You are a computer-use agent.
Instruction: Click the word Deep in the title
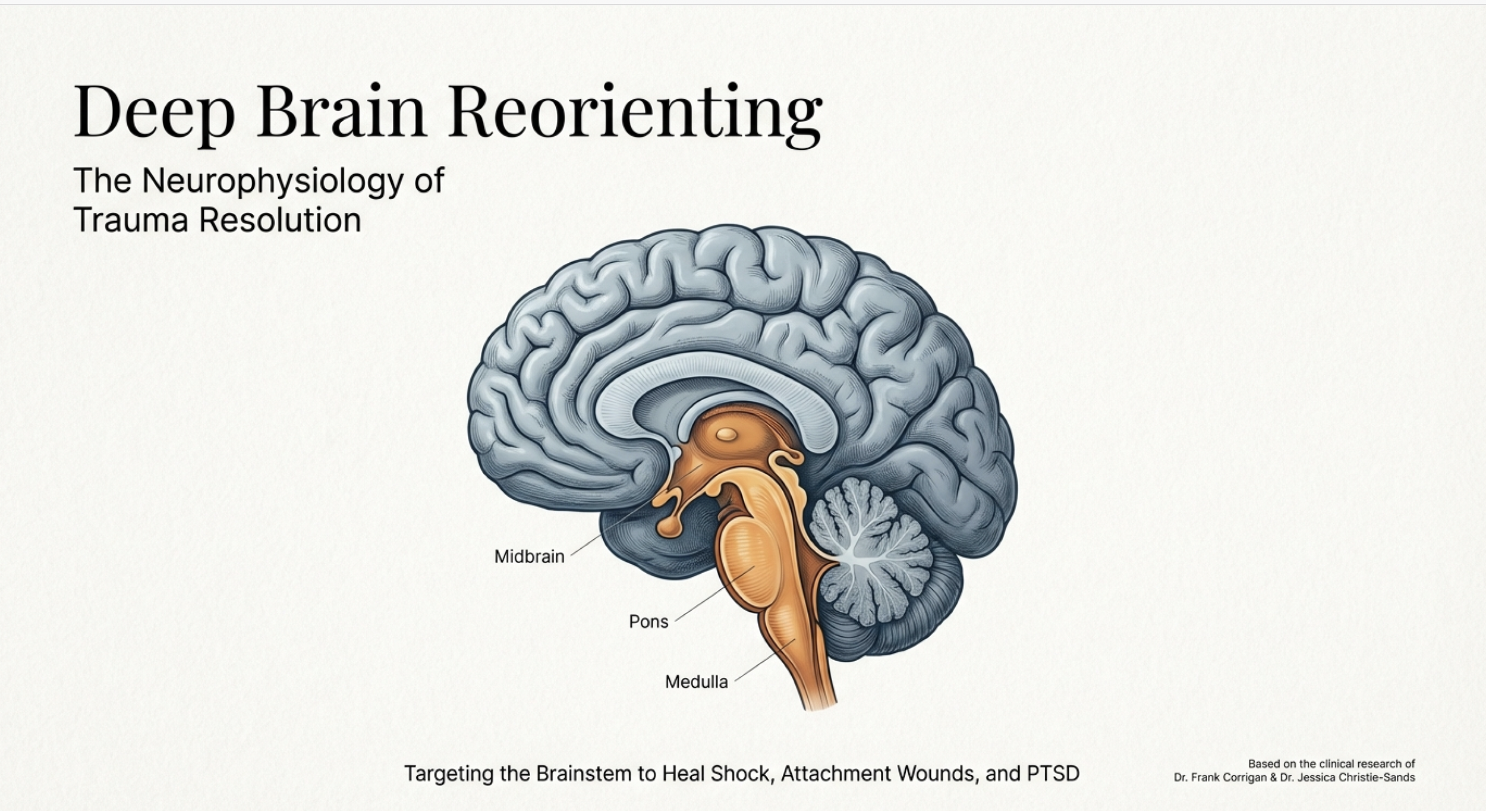(154, 113)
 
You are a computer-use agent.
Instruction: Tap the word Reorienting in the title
(635, 113)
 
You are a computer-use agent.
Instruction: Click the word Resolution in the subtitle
(280, 219)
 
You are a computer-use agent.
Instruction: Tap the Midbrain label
(529, 557)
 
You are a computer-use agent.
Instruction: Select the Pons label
(648, 622)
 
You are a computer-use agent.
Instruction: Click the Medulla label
(696, 682)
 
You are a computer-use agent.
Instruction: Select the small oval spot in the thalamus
(726, 435)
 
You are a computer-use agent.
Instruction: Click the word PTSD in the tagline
(1053, 774)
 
